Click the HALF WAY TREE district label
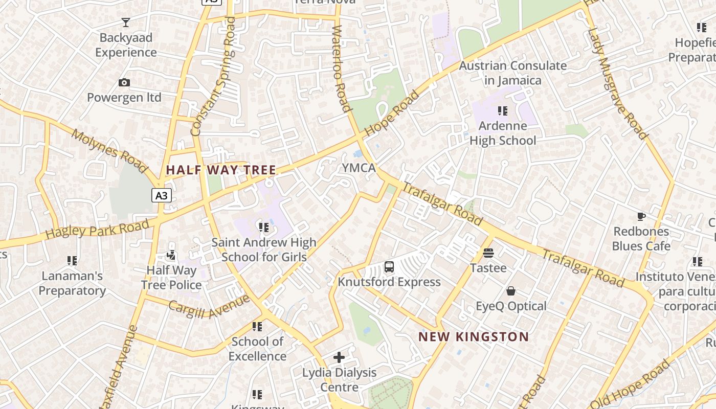click(x=221, y=170)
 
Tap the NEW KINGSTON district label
click(x=474, y=337)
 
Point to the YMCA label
click(x=359, y=168)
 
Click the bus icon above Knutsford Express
click(x=389, y=266)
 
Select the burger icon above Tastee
click(x=488, y=253)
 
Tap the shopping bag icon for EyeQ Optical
click(x=510, y=291)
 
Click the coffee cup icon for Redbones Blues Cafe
click(x=641, y=217)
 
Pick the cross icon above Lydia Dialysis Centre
click(x=339, y=357)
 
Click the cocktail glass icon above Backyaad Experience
click(x=126, y=22)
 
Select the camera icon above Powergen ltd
click(x=124, y=83)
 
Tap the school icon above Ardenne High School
click(x=503, y=111)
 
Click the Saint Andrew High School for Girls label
click(x=264, y=249)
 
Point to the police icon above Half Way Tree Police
click(x=172, y=254)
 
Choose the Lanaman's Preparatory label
click(x=72, y=283)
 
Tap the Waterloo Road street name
click(x=341, y=69)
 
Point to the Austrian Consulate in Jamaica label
click(x=512, y=73)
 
